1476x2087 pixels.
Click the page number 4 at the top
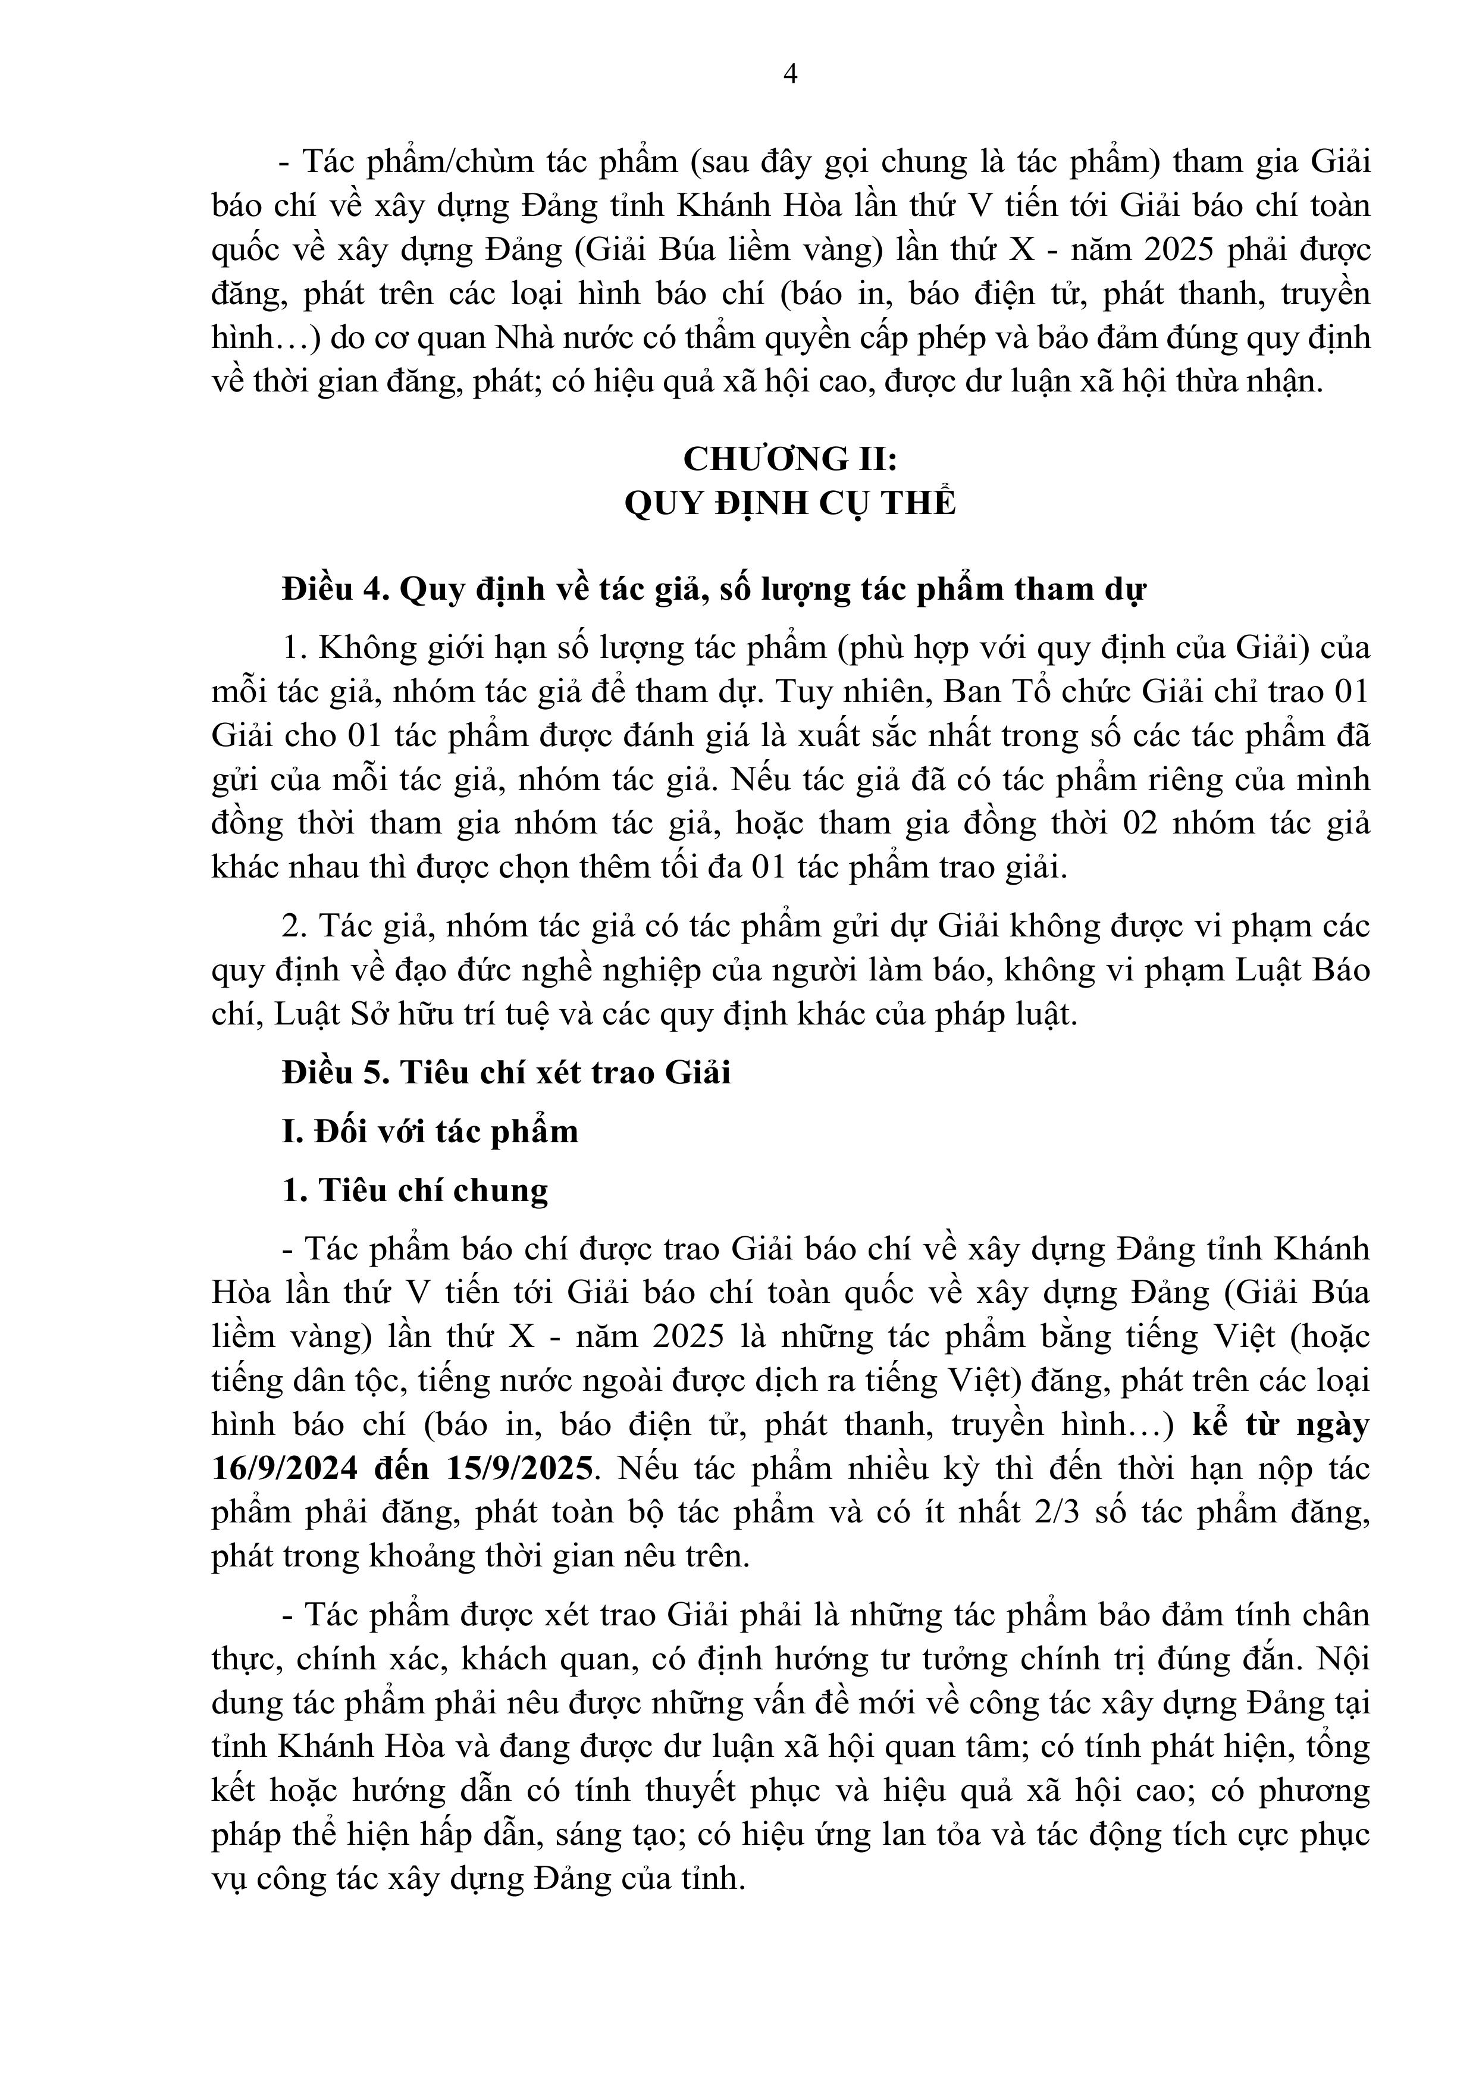(x=790, y=74)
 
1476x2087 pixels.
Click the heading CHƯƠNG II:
(x=790, y=459)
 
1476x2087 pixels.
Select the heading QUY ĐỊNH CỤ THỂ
(x=790, y=503)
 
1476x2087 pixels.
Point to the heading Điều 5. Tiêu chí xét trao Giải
(x=506, y=1073)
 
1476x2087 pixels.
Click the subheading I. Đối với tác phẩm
(x=430, y=1132)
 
